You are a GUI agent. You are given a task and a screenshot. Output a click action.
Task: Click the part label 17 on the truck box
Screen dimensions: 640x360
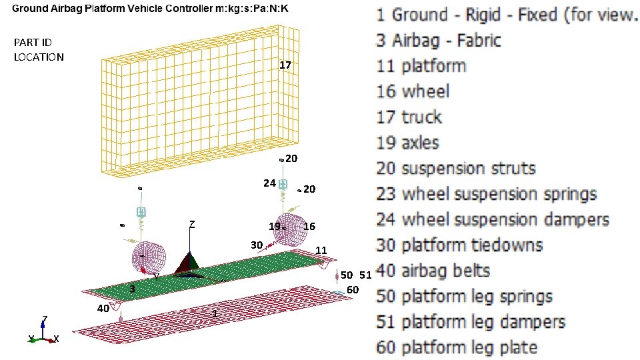[285, 65]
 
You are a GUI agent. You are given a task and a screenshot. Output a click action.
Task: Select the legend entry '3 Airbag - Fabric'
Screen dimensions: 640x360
[439, 41]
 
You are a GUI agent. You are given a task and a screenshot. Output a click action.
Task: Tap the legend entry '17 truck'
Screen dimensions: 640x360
[409, 117]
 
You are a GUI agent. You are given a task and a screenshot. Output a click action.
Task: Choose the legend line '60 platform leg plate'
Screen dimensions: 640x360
[457, 347]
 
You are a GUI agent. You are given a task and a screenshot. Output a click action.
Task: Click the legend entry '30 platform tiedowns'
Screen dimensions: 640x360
[459, 245]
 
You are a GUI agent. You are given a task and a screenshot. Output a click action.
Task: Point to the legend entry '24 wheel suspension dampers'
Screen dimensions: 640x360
[493, 219]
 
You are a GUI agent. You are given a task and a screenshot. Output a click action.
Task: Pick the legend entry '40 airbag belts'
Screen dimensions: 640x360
[433, 271]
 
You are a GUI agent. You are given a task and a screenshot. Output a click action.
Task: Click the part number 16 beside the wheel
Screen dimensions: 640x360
[309, 226]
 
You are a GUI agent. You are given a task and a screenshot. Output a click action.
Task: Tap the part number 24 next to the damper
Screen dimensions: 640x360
[269, 183]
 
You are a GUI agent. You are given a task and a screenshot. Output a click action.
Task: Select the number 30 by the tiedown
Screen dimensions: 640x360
[257, 245]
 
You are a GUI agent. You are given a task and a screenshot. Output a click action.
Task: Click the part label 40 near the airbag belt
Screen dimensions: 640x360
[103, 308]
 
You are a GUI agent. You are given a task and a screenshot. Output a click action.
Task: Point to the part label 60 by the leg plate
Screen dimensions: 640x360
[353, 290]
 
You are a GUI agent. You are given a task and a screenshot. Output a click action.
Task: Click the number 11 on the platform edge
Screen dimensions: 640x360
[321, 250]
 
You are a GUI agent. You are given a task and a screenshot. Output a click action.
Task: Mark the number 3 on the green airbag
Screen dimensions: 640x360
[132, 289]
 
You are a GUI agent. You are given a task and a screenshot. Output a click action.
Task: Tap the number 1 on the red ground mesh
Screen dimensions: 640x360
[215, 313]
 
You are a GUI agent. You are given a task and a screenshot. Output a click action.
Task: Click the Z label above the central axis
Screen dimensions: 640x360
[192, 224]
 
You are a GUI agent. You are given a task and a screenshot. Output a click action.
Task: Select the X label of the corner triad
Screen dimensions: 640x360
[56, 339]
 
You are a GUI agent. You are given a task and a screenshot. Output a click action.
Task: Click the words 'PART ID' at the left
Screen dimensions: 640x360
[33, 43]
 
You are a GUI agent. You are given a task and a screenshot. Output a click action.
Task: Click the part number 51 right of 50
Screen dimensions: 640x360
[366, 275]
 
